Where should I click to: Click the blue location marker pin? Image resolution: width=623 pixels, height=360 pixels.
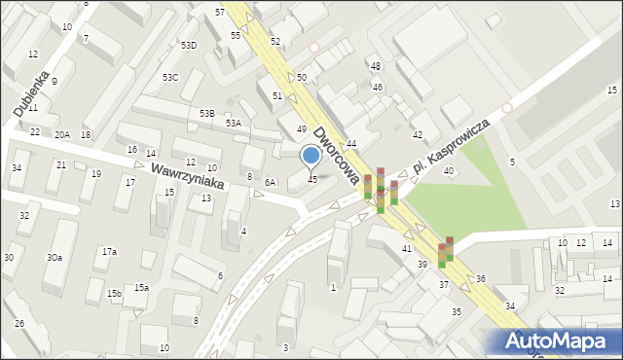311,156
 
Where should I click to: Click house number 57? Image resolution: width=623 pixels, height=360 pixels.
221,12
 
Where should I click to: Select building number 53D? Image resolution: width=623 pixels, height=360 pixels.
189,45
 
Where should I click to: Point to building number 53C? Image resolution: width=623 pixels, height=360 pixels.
170,77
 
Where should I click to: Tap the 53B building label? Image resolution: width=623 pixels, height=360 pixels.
207,114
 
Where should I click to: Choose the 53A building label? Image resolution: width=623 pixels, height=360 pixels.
234,124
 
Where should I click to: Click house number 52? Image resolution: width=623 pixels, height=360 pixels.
275,41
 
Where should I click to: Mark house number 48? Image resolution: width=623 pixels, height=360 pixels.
376,65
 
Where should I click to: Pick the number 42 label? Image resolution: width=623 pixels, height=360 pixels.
418,134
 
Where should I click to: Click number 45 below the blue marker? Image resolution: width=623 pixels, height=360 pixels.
312,179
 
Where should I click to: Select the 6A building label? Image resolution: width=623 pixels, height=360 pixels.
271,182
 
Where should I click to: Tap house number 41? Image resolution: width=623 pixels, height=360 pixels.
407,249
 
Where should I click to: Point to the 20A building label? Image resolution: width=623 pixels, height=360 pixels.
62,134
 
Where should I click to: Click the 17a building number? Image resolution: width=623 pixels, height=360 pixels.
110,252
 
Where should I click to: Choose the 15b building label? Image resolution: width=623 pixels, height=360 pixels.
114,293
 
